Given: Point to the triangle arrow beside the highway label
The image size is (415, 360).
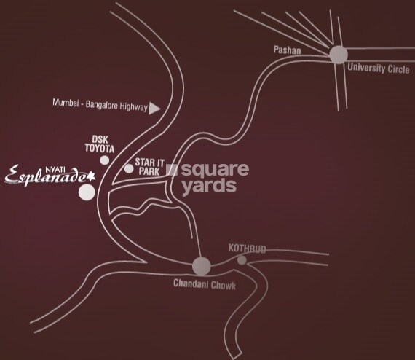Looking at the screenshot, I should [x=154, y=107].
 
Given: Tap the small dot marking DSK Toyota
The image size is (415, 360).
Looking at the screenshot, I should [x=104, y=160].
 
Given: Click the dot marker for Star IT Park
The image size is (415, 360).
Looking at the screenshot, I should [x=129, y=168].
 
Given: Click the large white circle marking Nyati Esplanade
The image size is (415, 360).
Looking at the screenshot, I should [x=87, y=192].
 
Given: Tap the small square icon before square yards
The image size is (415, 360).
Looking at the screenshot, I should [x=173, y=170].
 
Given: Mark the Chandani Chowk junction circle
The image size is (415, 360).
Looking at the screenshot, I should [x=201, y=266].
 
